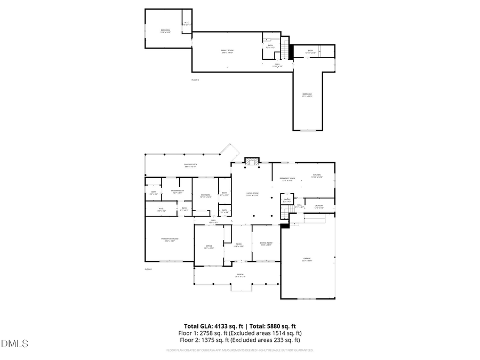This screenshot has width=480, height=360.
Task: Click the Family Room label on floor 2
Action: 227,52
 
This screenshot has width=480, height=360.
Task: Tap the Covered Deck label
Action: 190,165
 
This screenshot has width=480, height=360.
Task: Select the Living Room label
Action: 252,194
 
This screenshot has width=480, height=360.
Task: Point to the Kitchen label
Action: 316,176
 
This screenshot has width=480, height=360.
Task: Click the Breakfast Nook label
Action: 289,179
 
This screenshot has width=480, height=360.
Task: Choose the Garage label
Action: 307,260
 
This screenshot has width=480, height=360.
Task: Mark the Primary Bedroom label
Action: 171,239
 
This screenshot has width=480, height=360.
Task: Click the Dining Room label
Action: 266,244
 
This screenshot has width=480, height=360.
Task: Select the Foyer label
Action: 238,245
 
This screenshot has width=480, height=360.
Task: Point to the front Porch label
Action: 240,276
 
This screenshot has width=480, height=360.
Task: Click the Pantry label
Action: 287,201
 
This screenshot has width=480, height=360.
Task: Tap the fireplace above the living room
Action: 251,161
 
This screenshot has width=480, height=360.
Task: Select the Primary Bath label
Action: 178,191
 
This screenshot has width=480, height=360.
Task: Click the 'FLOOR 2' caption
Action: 195,79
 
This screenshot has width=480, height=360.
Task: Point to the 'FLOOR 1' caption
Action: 148,269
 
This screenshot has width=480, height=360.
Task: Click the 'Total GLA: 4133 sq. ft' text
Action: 212,326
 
